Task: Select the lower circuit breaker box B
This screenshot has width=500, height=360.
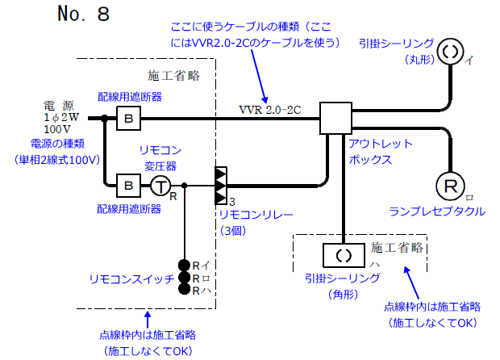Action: click(x=129, y=185)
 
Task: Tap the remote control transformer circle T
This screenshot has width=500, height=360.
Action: click(x=161, y=186)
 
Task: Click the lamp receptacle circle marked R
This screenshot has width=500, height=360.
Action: click(x=449, y=186)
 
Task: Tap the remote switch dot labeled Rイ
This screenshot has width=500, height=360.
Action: click(x=185, y=265)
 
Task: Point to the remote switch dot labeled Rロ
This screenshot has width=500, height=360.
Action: click(x=185, y=278)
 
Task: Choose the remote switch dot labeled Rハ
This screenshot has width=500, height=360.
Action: click(x=185, y=291)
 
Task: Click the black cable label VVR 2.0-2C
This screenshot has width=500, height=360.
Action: click(x=269, y=109)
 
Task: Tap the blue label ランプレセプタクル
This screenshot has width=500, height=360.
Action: click(x=437, y=212)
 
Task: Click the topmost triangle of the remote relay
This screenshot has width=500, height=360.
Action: click(x=219, y=174)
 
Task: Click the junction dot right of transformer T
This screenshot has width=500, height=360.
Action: click(x=185, y=186)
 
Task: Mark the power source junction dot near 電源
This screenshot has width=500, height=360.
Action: click(x=104, y=118)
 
